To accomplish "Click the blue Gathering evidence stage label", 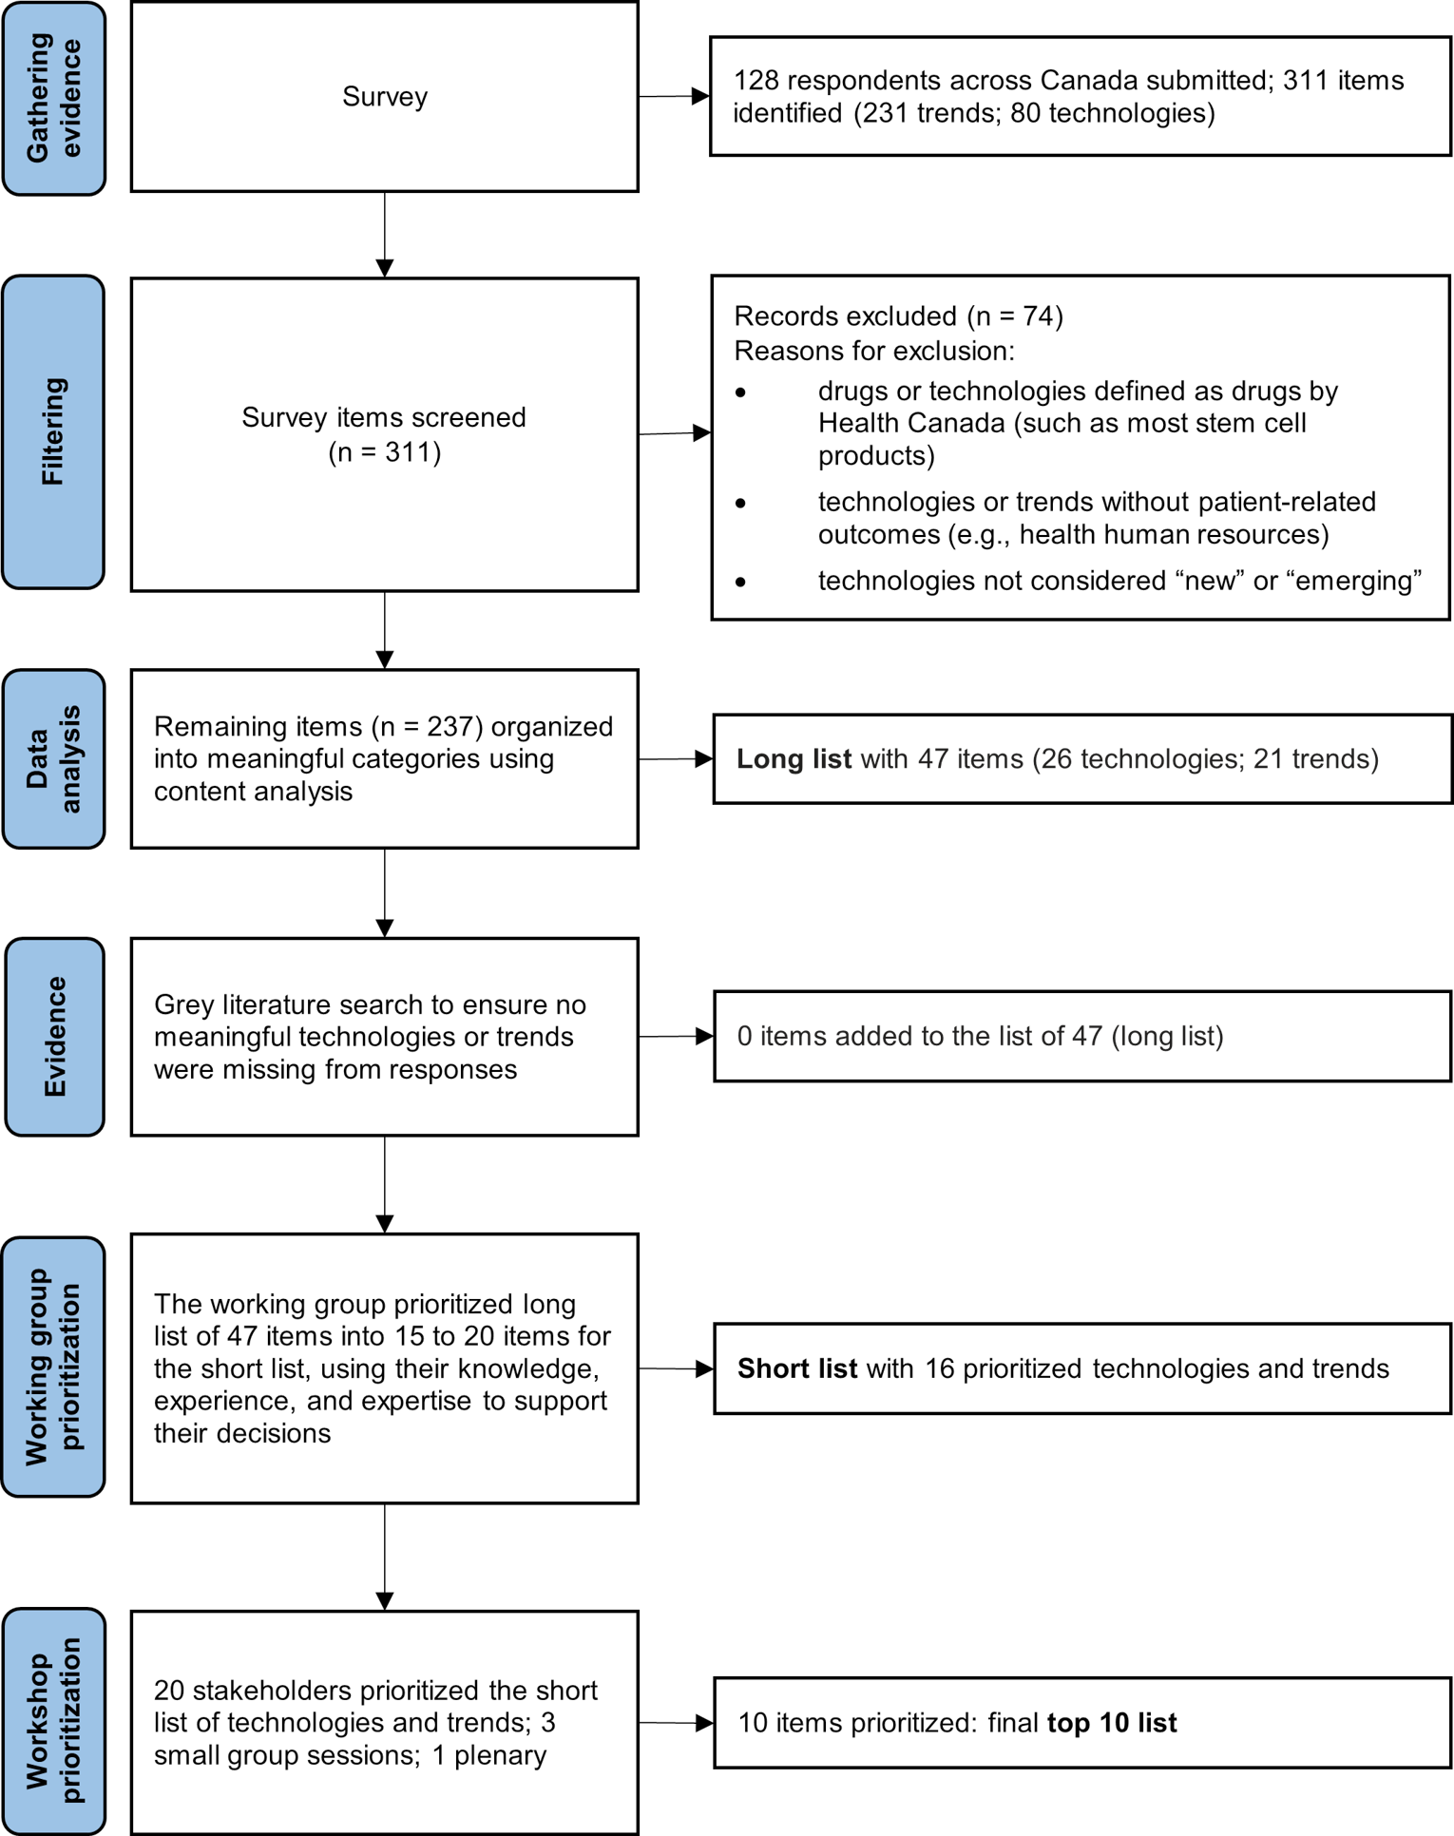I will [x=53, y=98].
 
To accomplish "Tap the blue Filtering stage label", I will [x=53, y=432].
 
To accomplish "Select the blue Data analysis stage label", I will [x=53, y=758].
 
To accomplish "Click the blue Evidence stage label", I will [x=54, y=1037].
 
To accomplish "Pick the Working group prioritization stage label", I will [x=53, y=1367].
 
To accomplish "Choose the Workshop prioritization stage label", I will [x=53, y=1720].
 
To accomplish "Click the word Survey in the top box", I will [x=385, y=97].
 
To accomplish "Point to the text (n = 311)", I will [x=385, y=452].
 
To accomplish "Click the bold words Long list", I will [x=794, y=759].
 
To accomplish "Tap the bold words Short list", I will [x=797, y=1368].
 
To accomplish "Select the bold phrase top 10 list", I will [x=1112, y=1723].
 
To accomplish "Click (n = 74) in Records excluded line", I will [x=1015, y=316].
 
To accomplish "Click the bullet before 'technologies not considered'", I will [x=741, y=582].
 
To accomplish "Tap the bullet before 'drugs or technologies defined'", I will [x=741, y=392].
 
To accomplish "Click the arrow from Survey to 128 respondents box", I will [x=674, y=96].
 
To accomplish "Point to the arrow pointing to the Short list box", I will [x=676, y=1368].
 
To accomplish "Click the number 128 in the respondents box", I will [x=756, y=81].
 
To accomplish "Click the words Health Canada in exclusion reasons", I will [x=911, y=423].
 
